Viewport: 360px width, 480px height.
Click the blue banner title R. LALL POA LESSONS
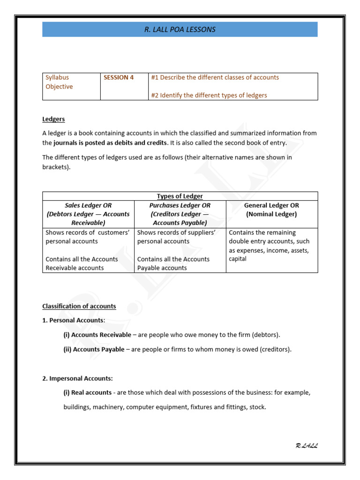pos(180,30)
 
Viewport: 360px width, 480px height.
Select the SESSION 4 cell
pos(119,77)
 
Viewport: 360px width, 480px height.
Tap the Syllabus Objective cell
pos(60,82)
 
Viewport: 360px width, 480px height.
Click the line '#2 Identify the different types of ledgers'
pos(209,95)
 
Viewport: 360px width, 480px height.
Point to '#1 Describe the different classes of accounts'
pos(215,77)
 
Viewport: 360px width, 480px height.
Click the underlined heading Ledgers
pos(53,120)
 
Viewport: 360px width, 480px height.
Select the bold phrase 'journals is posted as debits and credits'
pos(110,142)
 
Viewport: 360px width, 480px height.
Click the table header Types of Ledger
pos(180,196)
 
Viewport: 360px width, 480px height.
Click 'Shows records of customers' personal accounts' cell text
pos(87,237)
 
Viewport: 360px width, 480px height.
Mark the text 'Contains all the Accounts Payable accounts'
pos(173,263)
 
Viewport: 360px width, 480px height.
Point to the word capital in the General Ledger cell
pos(238,259)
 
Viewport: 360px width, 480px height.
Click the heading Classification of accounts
pos(79,306)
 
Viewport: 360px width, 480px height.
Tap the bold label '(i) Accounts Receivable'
pos(97,335)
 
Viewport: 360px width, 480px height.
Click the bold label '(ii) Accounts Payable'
pos(94,349)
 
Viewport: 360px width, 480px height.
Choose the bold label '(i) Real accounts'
pos(88,392)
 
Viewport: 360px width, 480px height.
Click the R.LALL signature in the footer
pos(307,446)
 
